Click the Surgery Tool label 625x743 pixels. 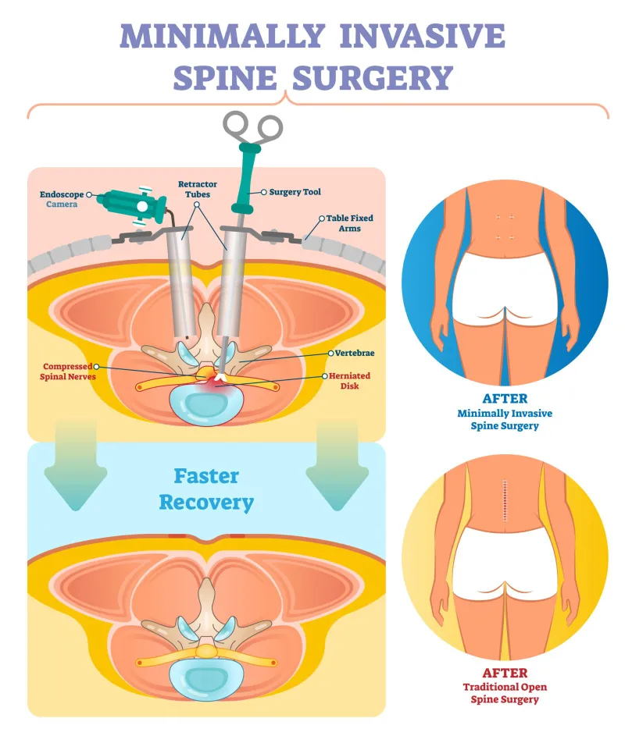pos(295,192)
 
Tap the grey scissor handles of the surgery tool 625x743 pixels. pos(252,126)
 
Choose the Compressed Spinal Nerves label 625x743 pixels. pos(68,371)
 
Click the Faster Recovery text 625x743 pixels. pos(206,489)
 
